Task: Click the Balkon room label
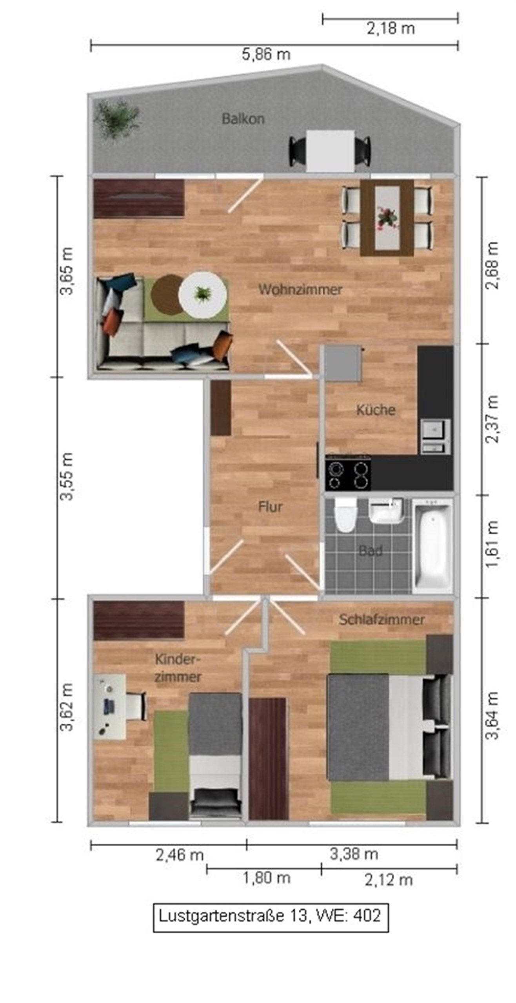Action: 243,119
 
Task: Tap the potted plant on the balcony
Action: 117,119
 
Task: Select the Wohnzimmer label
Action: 300,290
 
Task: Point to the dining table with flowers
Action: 387,218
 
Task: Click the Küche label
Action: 375,410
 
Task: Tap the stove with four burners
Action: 348,474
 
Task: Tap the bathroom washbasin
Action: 386,511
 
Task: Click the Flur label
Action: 270,507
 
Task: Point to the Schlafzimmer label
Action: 382,620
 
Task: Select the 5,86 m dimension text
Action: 266,54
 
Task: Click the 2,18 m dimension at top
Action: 391,29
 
